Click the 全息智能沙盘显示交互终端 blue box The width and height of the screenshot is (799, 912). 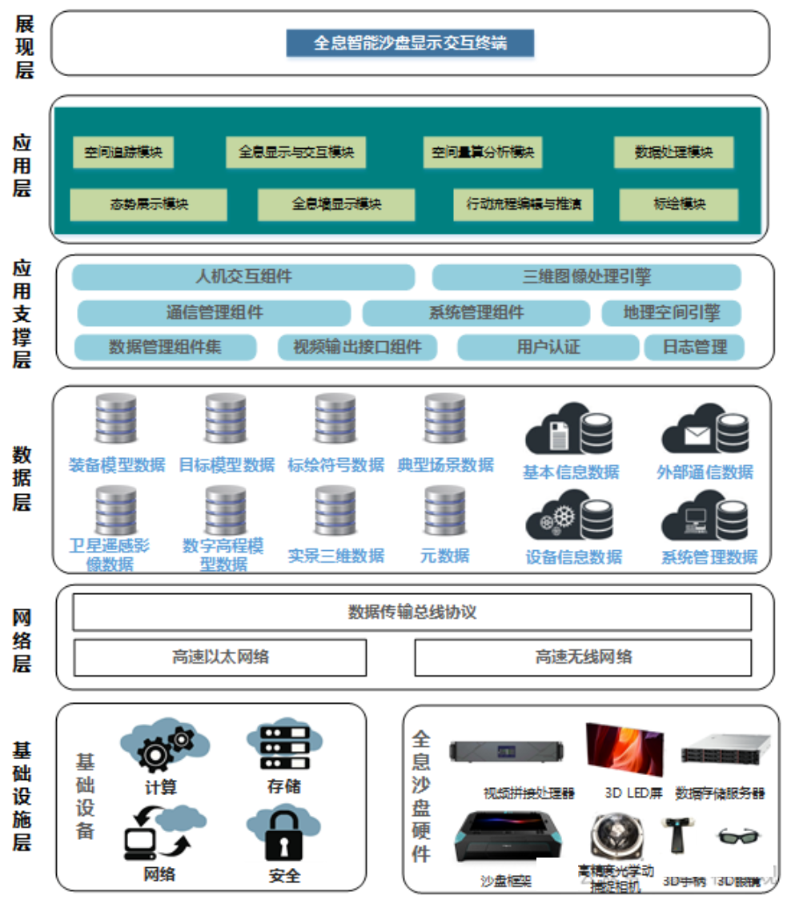coord(410,42)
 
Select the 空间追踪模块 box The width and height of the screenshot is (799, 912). coord(123,152)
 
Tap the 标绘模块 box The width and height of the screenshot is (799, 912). coord(678,204)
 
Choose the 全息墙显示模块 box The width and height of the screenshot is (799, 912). coord(335,204)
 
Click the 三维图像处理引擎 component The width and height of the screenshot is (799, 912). coord(586,277)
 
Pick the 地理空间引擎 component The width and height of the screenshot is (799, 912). coord(671,312)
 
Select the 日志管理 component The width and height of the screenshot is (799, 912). coord(694,347)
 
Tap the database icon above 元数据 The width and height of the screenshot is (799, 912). coord(444,511)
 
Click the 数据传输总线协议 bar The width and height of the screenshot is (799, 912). coord(412,613)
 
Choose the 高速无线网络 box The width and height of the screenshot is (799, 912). coord(583,657)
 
